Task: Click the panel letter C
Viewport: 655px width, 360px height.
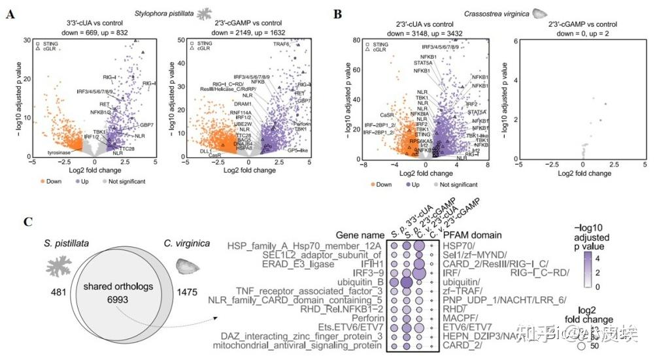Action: click(10, 222)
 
